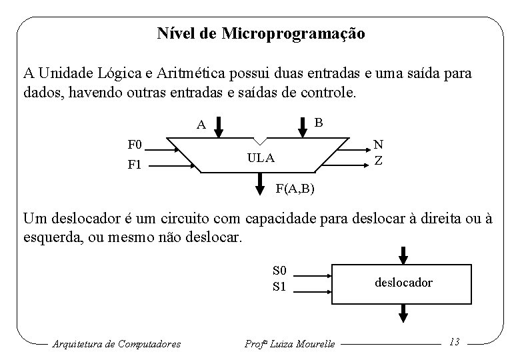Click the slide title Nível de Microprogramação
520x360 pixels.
tap(261, 33)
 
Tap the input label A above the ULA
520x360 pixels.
tap(201, 124)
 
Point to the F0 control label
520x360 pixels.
tap(136, 144)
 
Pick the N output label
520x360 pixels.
tap(378, 144)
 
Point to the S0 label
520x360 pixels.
tap(279, 271)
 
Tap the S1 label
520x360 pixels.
tap(279, 287)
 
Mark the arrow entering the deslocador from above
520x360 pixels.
tap(403, 255)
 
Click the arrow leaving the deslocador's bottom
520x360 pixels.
tap(403, 312)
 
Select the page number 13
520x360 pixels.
tap(455, 342)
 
